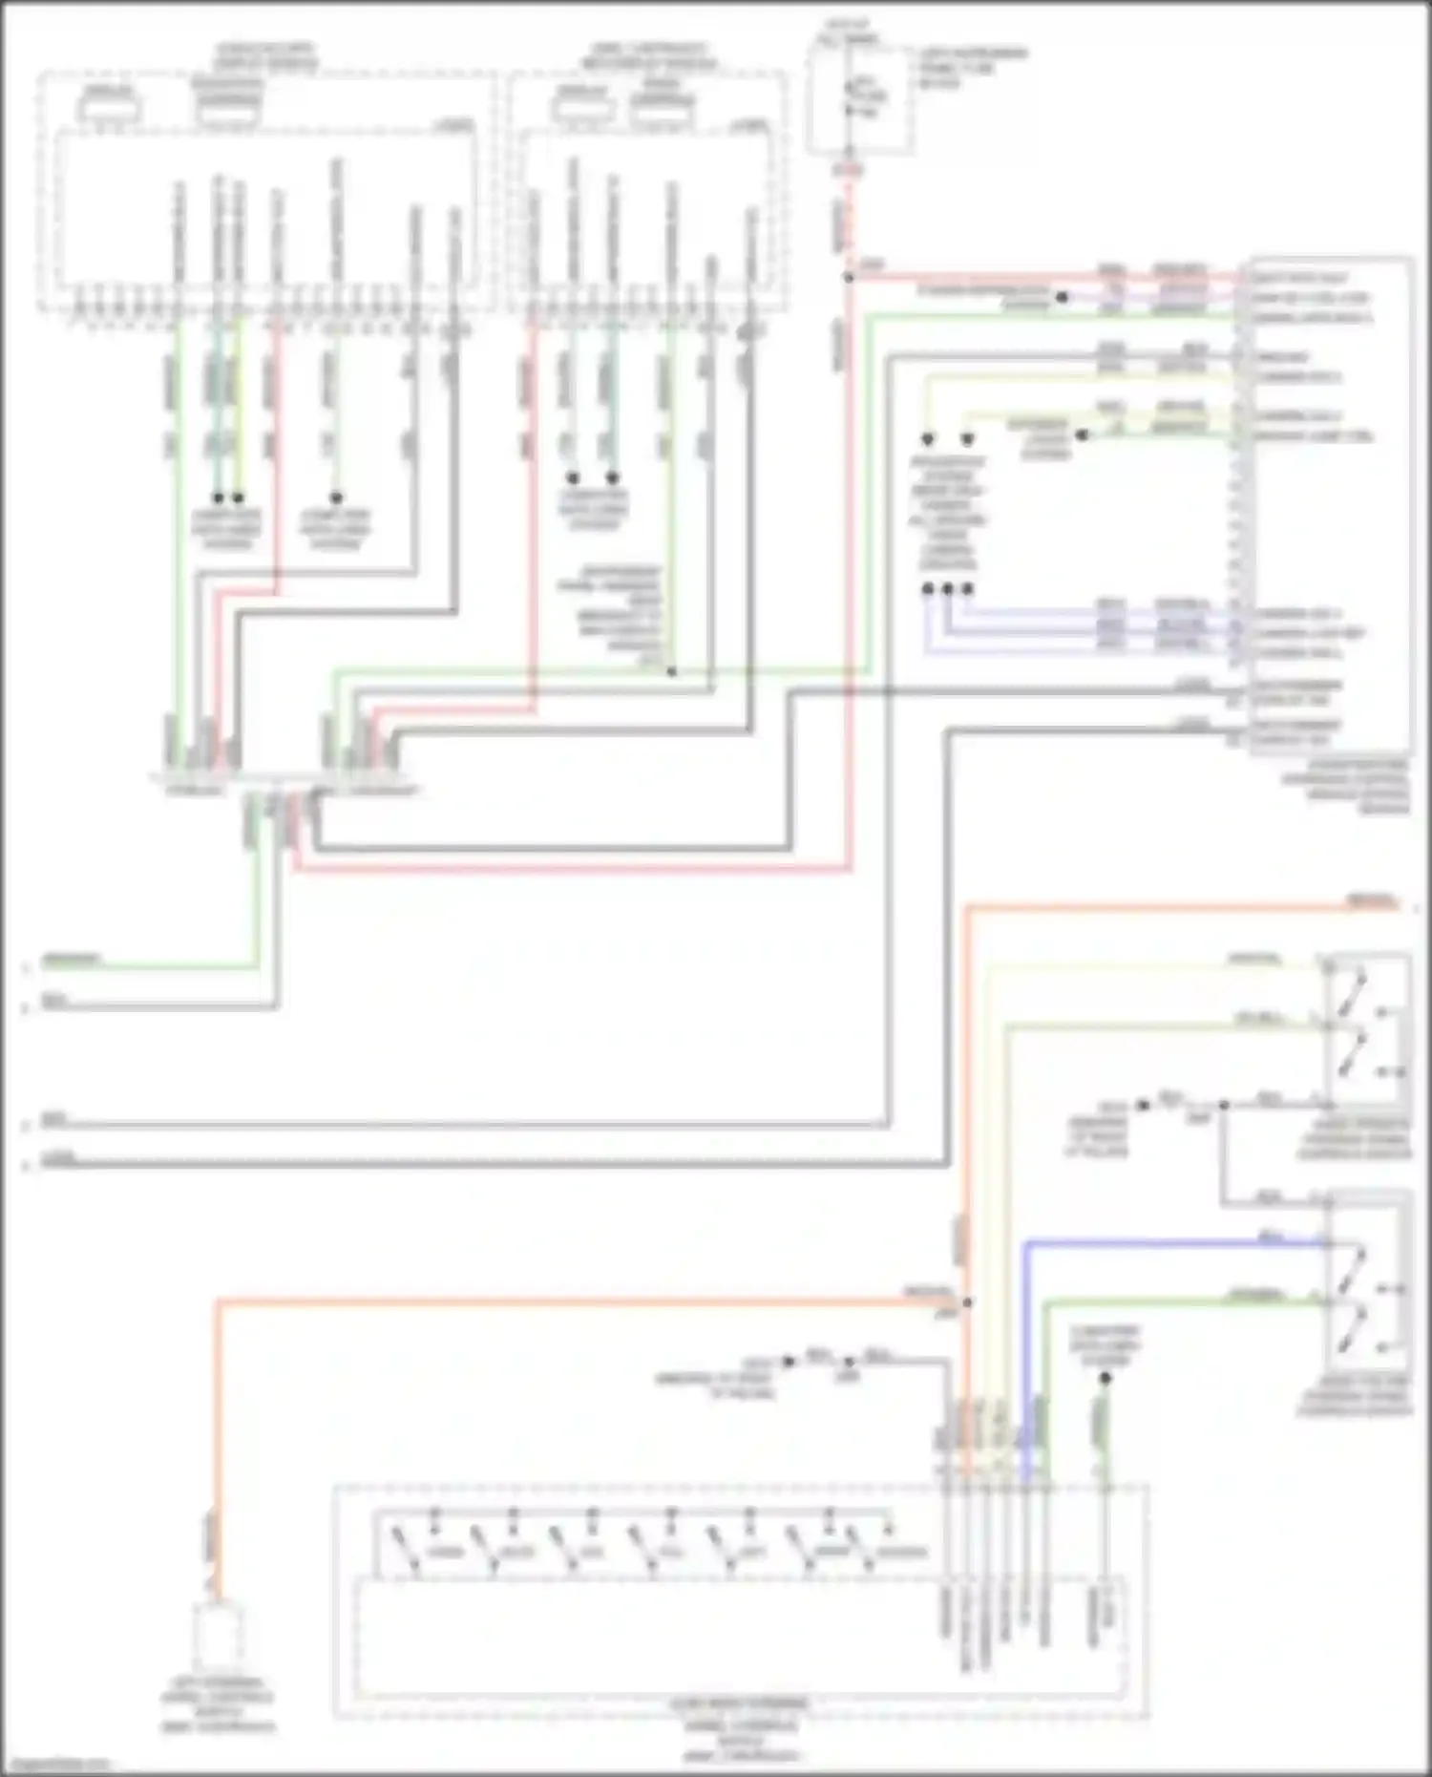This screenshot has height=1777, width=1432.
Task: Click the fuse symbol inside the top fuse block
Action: pyautogui.click(x=851, y=96)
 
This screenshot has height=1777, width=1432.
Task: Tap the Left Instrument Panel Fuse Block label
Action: pyautogui.click(x=972, y=67)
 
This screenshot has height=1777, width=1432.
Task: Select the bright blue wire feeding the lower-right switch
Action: pyautogui.click(x=1174, y=1243)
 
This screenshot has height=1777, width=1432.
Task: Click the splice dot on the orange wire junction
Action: pyautogui.click(x=967, y=1302)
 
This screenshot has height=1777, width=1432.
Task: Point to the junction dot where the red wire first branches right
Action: pyautogui.click(x=849, y=278)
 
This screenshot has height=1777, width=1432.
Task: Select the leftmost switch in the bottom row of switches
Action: pyautogui.click(x=405, y=1551)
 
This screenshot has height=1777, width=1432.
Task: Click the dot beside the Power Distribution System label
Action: pyautogui.click(x=1062, y=297)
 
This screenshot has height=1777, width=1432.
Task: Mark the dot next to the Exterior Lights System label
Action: pyautogui.click(x=1082, y=434)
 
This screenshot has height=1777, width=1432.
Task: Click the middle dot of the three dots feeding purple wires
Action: pyautogui.click(x=947, y=589)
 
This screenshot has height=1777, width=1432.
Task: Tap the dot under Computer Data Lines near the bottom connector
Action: pyautogui.click(x=1105, y=1379)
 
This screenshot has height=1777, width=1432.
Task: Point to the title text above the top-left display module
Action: pyautogui.click(x=264, y=55)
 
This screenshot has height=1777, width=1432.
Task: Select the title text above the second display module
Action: pyautogui.click(x=649, y=55)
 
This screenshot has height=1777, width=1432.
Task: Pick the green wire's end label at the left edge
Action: pyautogui.click(x=72, y=959)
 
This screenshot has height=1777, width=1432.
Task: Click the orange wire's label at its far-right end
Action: pyautogui.click(x=1372, y=900)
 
